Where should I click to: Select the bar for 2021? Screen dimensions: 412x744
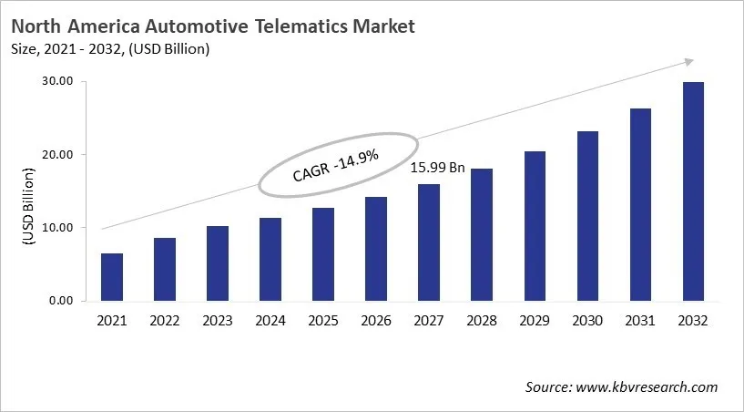click(x=111, y=277)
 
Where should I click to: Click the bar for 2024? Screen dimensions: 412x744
click(x=270, y=259)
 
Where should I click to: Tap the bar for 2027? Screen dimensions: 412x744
click(x=428, y=242)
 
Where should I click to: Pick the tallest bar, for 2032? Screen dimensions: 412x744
click(x=693, y=191)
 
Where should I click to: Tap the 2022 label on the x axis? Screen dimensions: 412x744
click(x=164, y=320)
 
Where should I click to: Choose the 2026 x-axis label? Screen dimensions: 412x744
click(x=376, y=320)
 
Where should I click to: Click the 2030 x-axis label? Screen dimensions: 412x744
click(x=587, y=320)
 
